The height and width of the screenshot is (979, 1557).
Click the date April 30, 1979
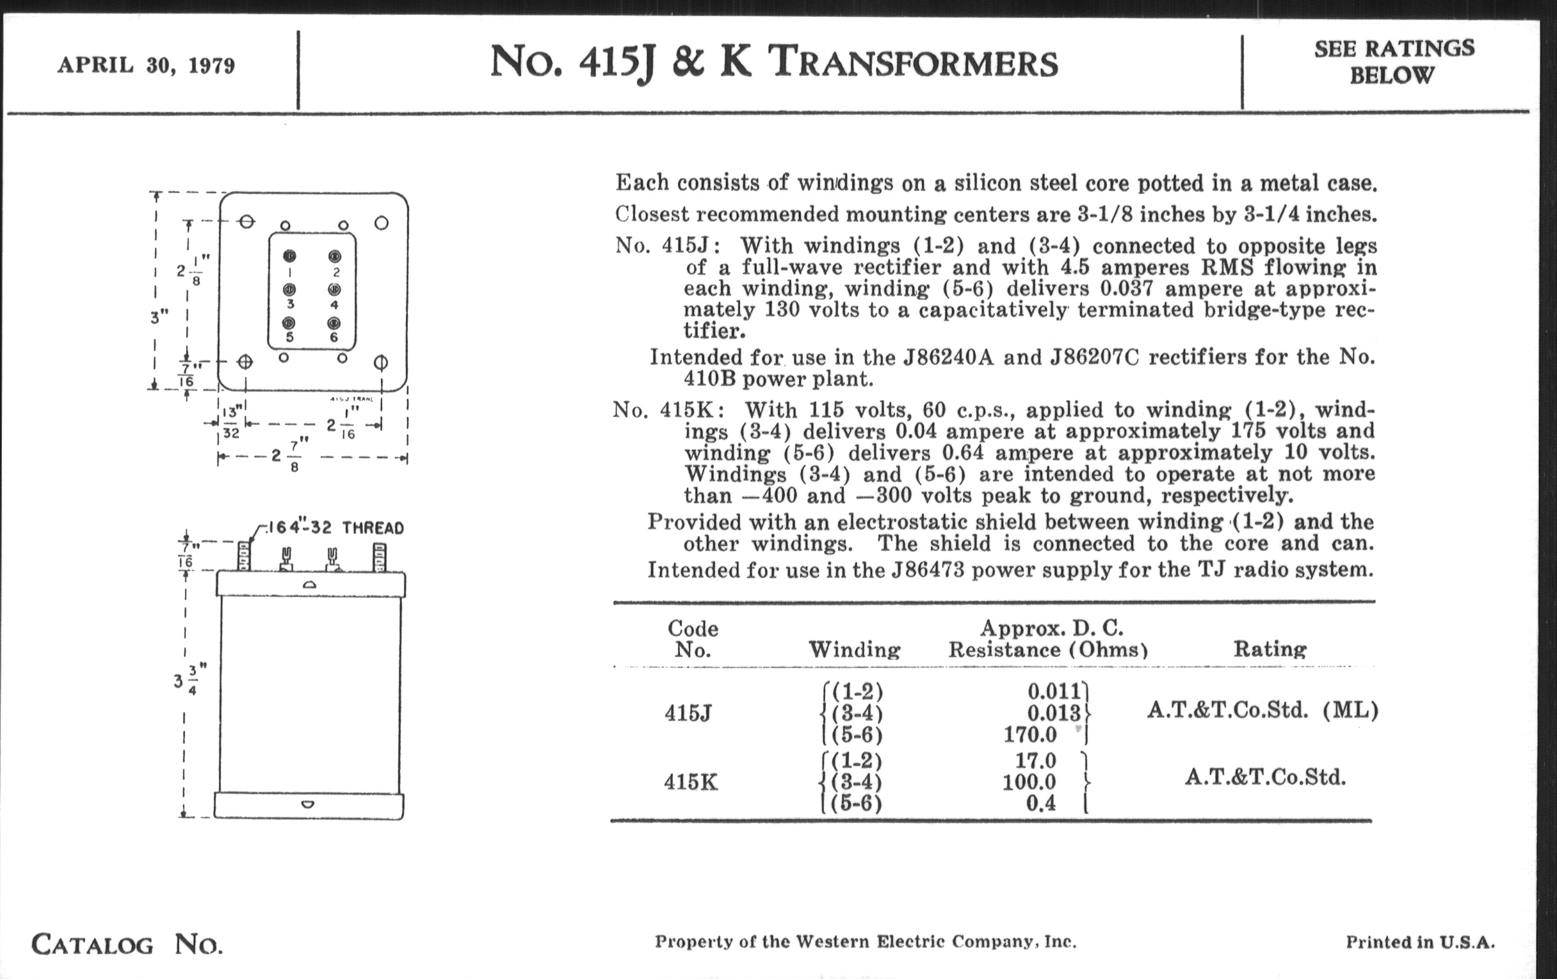point(146,65)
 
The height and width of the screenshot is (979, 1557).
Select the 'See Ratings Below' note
point(1394,61)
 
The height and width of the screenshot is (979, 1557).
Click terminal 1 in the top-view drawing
point(289,256)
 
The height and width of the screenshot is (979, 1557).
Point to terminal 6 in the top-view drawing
point(334,322)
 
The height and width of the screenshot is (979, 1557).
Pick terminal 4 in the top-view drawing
point(334,289)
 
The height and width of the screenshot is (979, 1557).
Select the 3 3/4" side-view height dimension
point(186,680)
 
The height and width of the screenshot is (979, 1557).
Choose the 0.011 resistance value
point(1054,692)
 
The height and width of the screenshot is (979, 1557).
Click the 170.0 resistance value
point(1030,734)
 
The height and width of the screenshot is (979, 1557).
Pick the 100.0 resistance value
point(1029,782)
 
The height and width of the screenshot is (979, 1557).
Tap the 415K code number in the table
point(691,783)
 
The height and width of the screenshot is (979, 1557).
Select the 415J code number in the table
point(688,713)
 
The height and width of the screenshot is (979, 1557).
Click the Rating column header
point(1270,649)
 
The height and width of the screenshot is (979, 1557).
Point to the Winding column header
point(854,649)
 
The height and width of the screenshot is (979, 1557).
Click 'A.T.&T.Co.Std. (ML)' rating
point(1262,710)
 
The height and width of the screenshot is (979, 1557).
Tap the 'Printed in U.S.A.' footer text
point(1420,942)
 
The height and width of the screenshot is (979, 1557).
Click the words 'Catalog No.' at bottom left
point(127,944)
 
